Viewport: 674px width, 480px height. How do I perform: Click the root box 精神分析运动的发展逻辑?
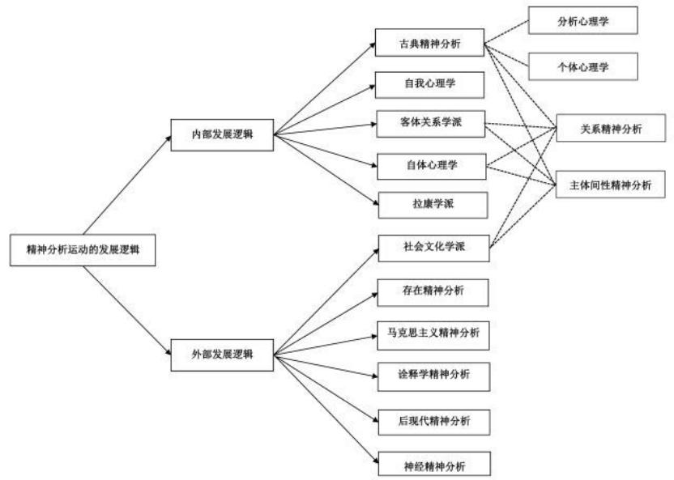pos(78,250)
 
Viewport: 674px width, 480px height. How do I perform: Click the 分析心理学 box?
pos(582,22)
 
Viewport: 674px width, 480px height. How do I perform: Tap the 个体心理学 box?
pos(582,67)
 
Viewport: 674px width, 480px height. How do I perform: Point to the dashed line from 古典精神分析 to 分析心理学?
pos(508,32)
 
